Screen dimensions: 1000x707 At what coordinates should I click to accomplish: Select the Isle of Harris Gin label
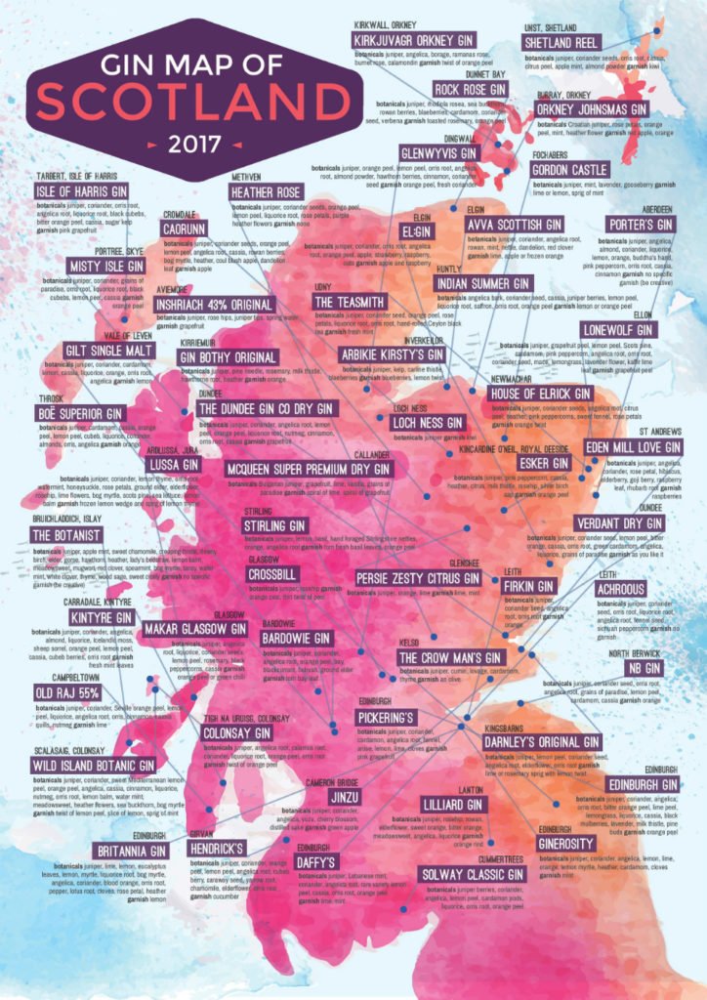[x=85, y=190]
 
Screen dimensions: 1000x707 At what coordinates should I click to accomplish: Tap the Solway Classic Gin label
[x=468, y=873]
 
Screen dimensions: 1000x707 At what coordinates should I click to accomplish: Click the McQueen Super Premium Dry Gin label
[x=308, y=470]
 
